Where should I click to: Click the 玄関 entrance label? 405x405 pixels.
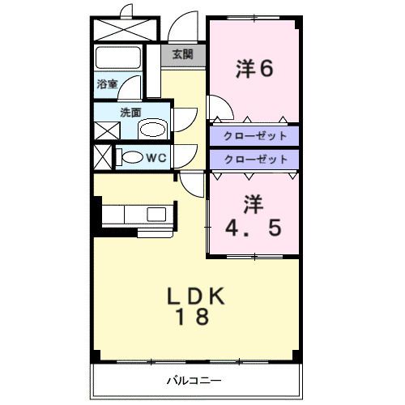182,54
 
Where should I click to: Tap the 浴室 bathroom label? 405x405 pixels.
107,83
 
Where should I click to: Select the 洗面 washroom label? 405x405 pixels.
130,113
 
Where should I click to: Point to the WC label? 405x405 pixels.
156,157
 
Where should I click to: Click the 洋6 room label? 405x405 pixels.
254,68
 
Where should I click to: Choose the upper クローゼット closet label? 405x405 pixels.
254,135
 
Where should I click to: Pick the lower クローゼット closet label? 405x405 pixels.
254,160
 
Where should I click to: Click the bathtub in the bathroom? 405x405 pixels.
118,58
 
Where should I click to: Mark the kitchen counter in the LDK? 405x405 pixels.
138,215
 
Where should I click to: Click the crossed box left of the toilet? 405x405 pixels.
103,156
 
